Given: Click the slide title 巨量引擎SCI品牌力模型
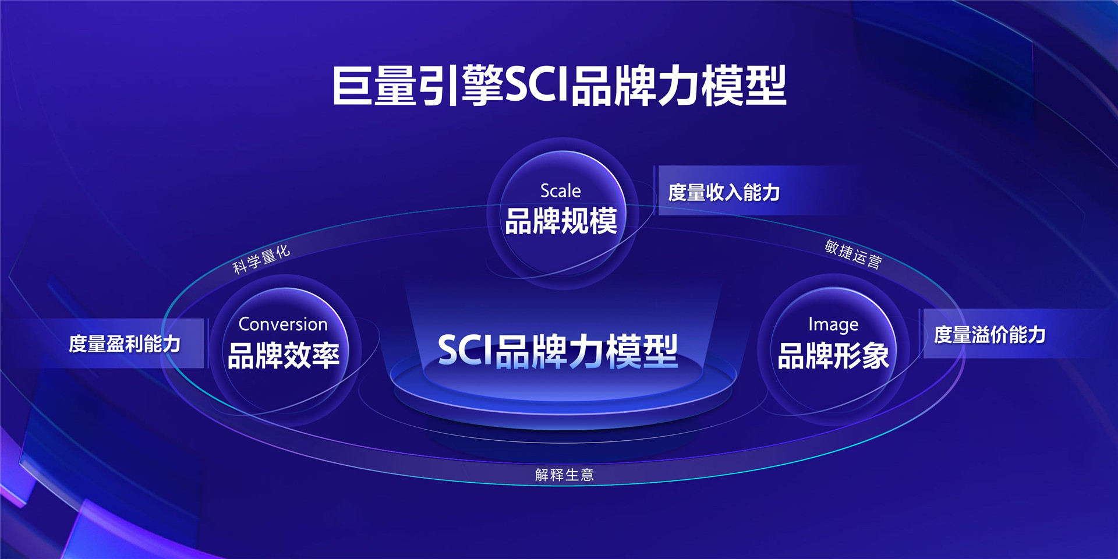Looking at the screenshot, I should (x=559, y=86).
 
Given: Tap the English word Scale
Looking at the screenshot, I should (x=560, y=190).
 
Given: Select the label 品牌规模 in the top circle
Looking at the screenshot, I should (x=561, y=221).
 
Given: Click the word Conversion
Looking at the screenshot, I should (x=283, y=324).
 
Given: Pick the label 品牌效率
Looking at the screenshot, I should (x=284, y=355).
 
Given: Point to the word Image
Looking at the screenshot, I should (x=833, y=324).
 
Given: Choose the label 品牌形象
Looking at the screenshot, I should (x=833, y=356).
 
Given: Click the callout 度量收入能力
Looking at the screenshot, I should (x=724, y=192).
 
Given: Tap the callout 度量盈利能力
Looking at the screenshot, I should (x=125, y=344).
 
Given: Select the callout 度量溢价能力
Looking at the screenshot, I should (x=990, y=335).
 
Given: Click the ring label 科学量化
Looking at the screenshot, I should (x=261, y=259).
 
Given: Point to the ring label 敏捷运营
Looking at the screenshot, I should (x=853, y=254).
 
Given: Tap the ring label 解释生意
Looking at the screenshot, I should (x=564, y=475).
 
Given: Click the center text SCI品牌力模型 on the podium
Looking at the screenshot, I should (x=558, y=351).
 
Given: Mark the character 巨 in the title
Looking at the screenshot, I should (x=352, y=86).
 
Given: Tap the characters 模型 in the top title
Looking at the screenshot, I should (x=744, y=86).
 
